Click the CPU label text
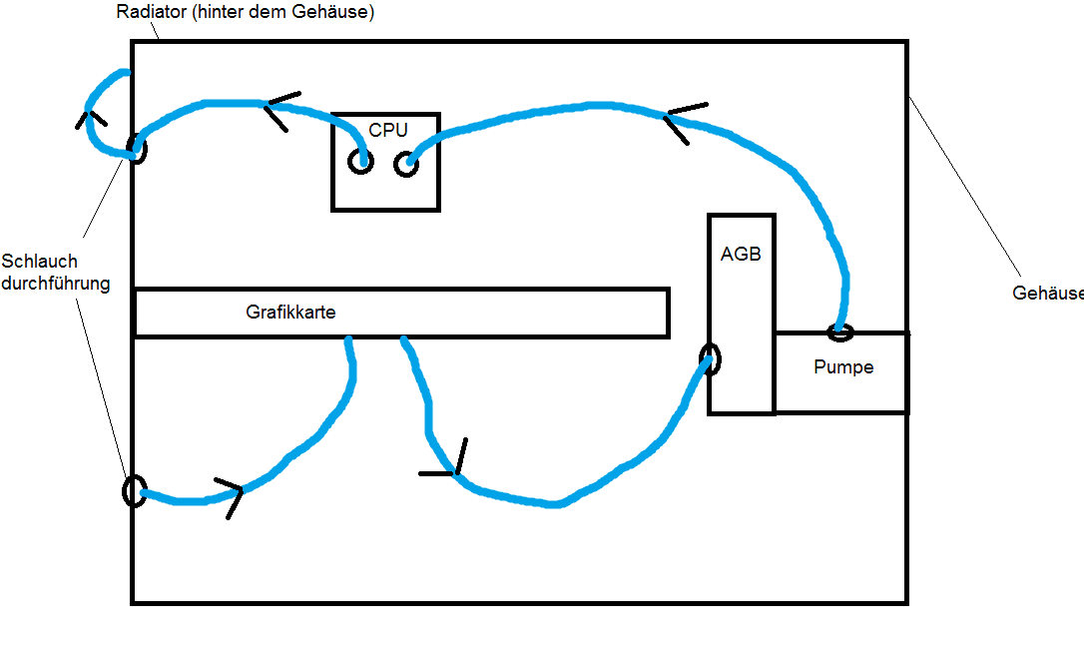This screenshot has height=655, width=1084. [x=388, y=130]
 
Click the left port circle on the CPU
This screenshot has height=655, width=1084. [x=359, y=162]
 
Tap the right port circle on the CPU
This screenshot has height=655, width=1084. [x=405, y=165]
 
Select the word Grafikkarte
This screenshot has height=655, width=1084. [x=290, y=313]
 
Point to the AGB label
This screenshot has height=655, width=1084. [x=741, y=254]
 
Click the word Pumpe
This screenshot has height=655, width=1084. [x=843, y=367]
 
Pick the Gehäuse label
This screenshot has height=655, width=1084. [x=1047, y=294]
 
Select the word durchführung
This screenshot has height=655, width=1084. [x=55, y=284]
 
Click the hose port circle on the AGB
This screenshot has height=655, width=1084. [x=710, y=359]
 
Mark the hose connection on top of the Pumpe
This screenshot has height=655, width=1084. [x=840, y=329]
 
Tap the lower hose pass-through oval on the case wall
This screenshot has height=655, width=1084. [x=133, y=490]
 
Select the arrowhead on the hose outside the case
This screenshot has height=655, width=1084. [x=91, y=119]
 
